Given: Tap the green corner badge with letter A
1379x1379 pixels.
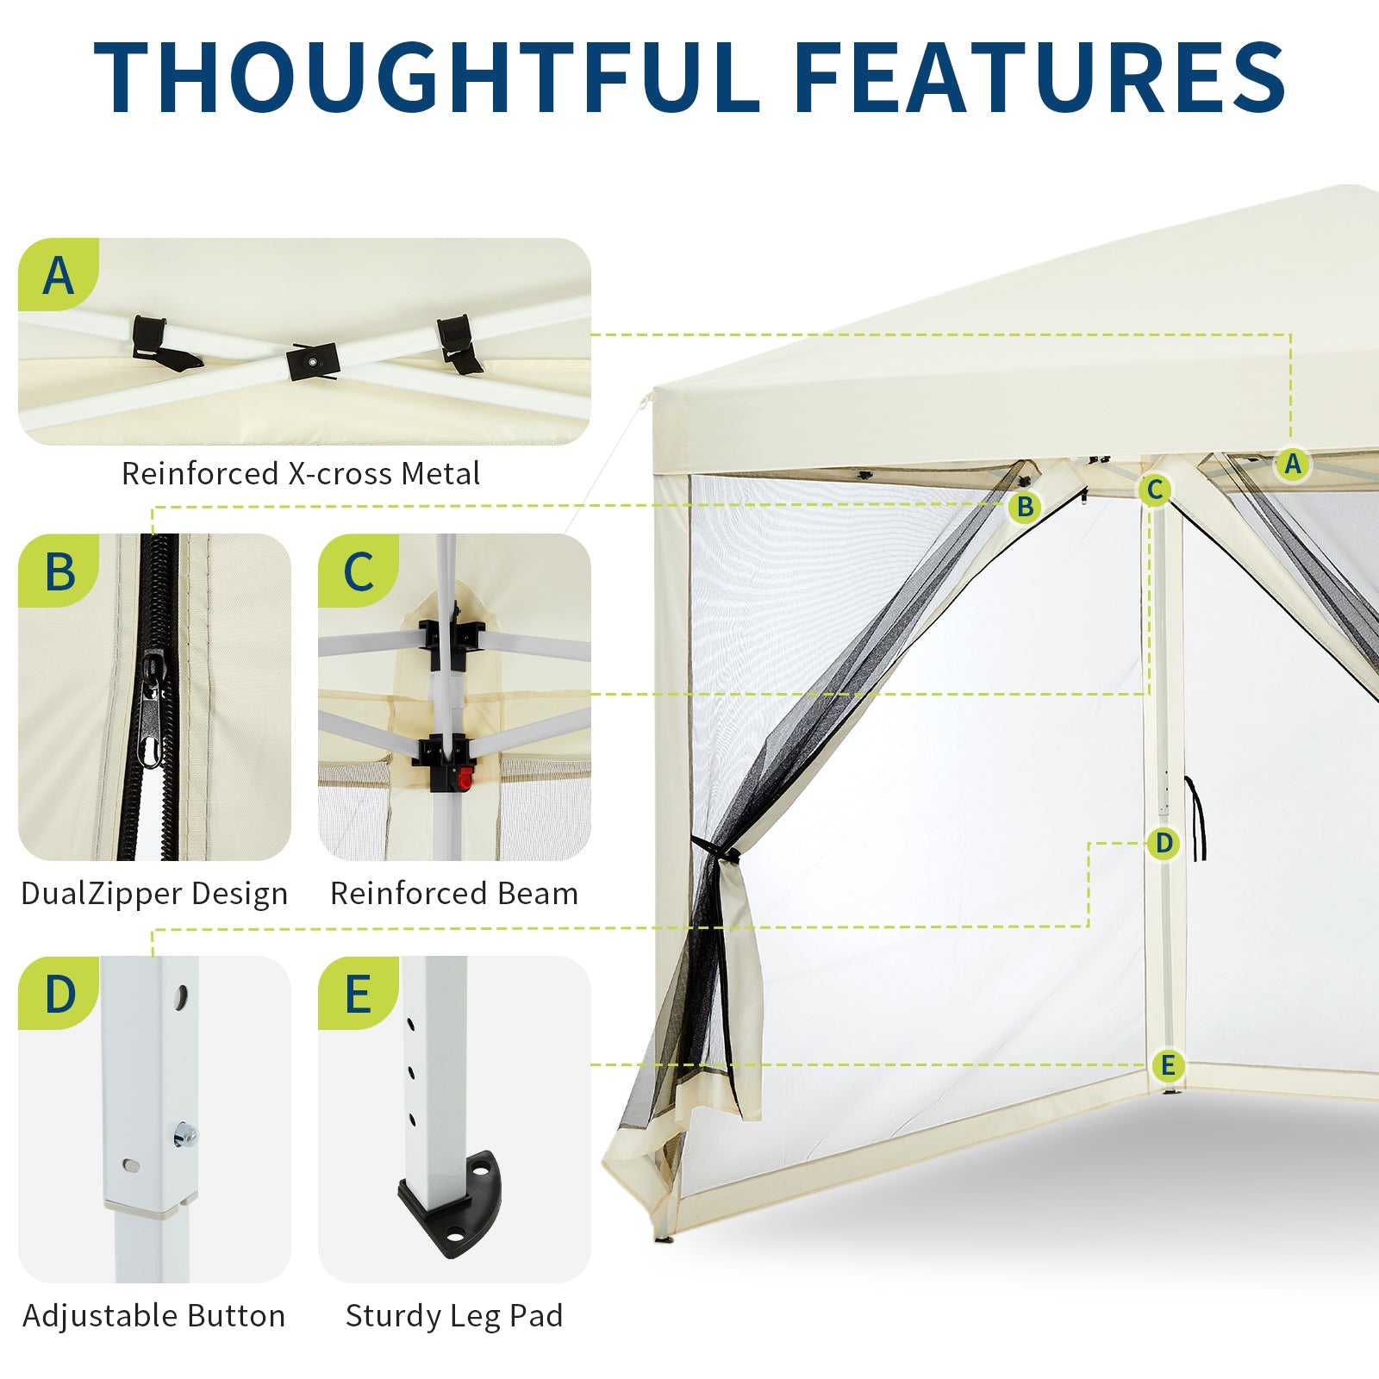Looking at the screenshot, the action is tap(58, 275).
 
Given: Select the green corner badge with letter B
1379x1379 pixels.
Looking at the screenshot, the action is tap(58, 571).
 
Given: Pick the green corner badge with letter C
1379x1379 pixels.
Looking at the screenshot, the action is tap(358, 571).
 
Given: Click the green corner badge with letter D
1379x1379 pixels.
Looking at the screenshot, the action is tap(58, 993).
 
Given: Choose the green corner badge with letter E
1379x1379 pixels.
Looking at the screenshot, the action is tap(358, 993).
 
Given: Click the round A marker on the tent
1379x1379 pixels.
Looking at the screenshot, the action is tap(1292, 464).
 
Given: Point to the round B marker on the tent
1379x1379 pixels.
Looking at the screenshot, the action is tap(1025, 507).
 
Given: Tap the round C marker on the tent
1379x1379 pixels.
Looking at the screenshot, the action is tap(1155, 490).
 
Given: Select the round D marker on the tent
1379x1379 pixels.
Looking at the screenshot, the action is tap(1164, 843).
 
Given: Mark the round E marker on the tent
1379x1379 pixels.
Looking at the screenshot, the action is tap(1168, 1066).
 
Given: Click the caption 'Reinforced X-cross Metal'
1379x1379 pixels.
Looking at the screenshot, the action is tap(301, 473).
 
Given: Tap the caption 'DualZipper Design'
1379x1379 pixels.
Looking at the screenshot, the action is tap(154, 894).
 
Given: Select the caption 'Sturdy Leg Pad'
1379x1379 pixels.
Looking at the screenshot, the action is tap(454, 1316).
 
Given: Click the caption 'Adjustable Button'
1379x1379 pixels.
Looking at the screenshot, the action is tap(154, 1316).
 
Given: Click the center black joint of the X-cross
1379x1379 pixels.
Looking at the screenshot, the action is tap(314, 362).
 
